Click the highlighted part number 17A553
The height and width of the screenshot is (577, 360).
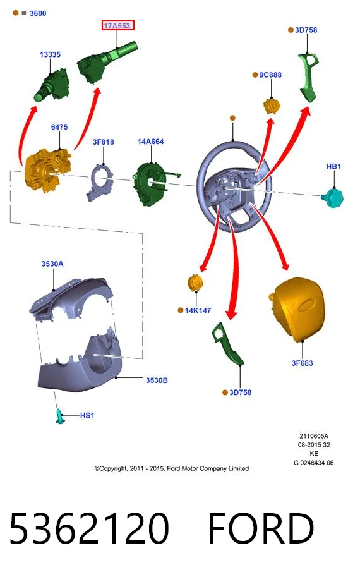tap(117, 26)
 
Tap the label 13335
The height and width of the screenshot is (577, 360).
tap(51, 54)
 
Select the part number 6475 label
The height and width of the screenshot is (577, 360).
tap(59, 127)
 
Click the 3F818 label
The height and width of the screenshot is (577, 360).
tap(104, 142)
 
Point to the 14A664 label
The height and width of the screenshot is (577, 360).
tap(150, 142)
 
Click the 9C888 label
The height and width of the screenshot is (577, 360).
tap(270, 75)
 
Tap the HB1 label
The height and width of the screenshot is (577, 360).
tap(333, 166)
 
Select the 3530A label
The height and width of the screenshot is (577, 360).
tap(52, 264)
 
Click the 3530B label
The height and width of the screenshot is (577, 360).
tap(157, 380)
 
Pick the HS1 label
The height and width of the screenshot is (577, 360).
tap(87, 415)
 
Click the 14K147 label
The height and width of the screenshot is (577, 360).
tap(198, 310)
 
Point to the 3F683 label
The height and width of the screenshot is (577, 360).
tap(303, 363)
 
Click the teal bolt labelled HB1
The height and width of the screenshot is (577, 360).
tap(332, 198)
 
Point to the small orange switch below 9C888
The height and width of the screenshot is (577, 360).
tap(272, 106)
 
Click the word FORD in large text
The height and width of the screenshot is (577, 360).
tap(261, 528)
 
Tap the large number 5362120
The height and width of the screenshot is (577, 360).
tap(89, 528)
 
